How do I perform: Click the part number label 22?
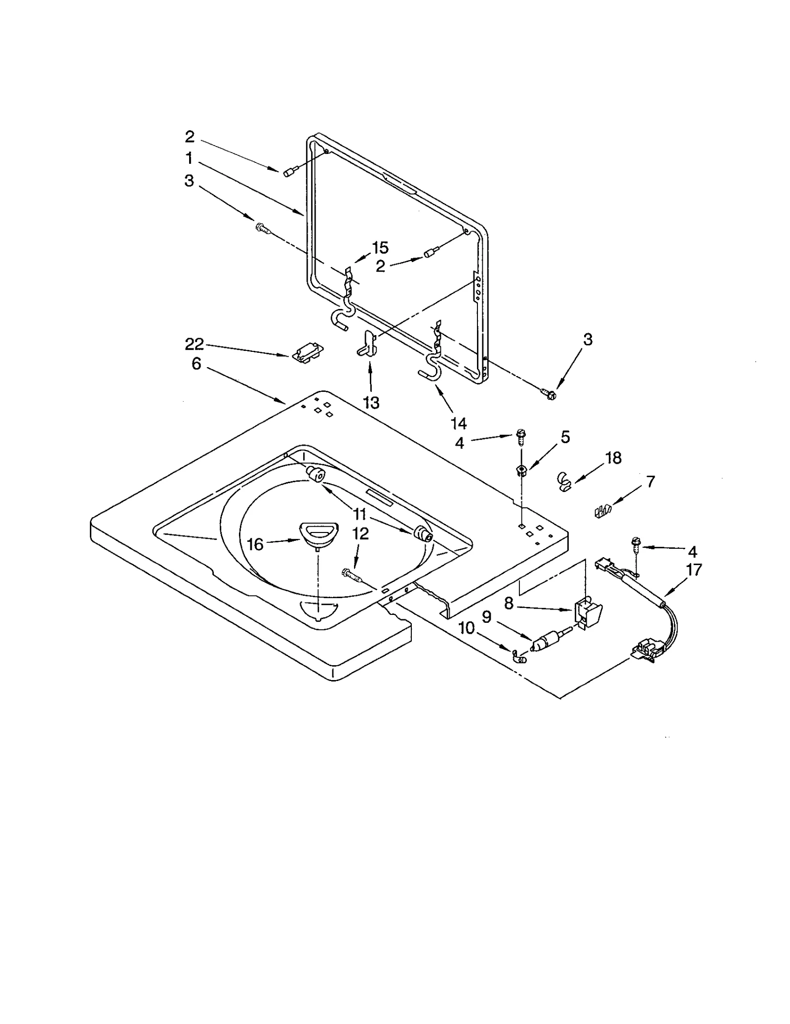(195, 344)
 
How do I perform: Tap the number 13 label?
(371, 403)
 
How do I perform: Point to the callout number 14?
(459, 423)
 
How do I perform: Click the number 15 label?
(380, 247)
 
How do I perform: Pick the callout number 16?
(255, 544)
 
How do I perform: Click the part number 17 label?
(694, 570)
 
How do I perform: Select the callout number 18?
(613, 458)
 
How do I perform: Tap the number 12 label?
(361, 534)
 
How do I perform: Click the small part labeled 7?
(602, 511)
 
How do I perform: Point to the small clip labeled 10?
(517, 655)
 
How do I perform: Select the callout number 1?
(189, 158)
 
